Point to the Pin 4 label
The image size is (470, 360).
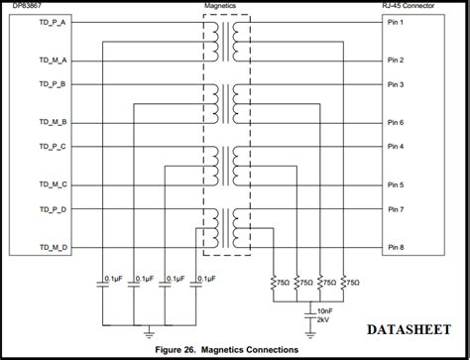[396, 147]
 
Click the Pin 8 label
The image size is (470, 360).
[396, 247]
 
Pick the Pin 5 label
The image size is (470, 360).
[396, 184]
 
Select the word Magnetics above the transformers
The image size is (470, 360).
[227, 8]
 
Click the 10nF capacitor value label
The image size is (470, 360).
[324, 310]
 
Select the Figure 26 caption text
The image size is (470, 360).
[234, 350]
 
